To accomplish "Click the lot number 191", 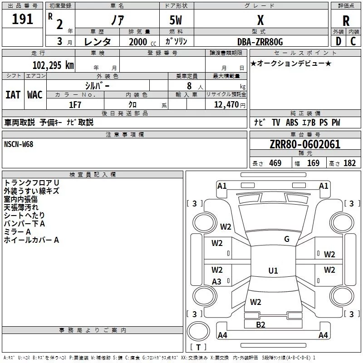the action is pos(22,19).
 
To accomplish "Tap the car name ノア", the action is pos(118,20).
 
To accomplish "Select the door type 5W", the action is pos(176,20).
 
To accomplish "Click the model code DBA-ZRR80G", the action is pos(260,42).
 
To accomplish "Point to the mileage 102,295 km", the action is pos(53,65).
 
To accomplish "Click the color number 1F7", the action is pos(75,105).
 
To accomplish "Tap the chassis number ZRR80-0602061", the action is pos(305,144).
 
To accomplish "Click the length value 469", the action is pos(275,163).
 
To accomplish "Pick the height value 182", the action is pos(349,163).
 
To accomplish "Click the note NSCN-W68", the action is pos(19,144).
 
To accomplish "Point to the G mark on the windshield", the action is pos(287,239).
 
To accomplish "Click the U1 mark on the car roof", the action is pos(273,270).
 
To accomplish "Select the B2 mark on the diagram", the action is pos(260,325).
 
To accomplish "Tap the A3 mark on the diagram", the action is pos(216,281).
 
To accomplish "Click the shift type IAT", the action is pos(13,95).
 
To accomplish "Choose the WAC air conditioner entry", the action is pos(35,95).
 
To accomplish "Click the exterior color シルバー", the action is pos(98,86).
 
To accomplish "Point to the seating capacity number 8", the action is pos(189,86).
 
